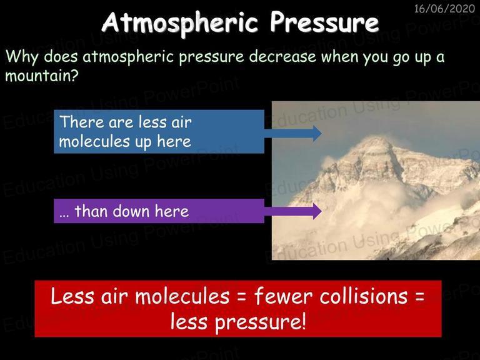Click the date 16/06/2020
pos(444,9)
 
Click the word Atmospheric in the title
pos(180,22)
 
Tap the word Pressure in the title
pos(324,22)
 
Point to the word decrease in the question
pos(282,57)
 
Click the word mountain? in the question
pos(42,76)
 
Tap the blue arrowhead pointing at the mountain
pos(317,133)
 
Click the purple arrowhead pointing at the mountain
pos(317,211)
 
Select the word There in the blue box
pos(82,122)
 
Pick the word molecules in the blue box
pos(94,142)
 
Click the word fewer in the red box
pos(283,297)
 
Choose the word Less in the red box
pos(72,296)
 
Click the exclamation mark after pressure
pos(303,321)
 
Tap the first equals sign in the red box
pos(242,297)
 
